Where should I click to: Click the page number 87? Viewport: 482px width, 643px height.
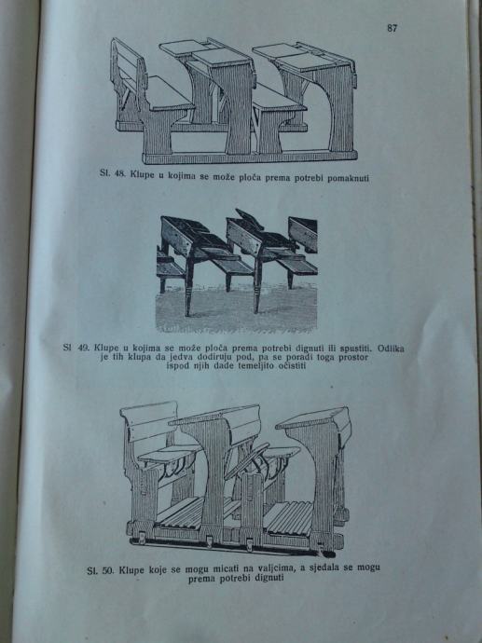[392, 28]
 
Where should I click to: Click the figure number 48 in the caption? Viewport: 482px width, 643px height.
[119, 173]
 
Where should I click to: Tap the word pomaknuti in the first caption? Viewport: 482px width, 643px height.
[348, 178]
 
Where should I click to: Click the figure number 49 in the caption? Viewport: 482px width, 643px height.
[83, 348]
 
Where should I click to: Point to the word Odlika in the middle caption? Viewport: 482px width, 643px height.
[391, 349]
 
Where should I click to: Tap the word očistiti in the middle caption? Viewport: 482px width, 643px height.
[292, 365]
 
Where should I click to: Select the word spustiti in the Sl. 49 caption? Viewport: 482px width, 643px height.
[356, 349]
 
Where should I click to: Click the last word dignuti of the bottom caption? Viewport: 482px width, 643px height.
[269, 578]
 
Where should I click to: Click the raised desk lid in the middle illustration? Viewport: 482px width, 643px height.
[250, 219]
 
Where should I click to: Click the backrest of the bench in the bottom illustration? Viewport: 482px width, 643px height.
[151, 420]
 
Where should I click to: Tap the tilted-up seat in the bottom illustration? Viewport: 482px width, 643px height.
[246, 460]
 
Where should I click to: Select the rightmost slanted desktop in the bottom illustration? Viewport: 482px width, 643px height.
[313, 417]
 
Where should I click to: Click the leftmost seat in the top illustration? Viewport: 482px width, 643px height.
[169, 94]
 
